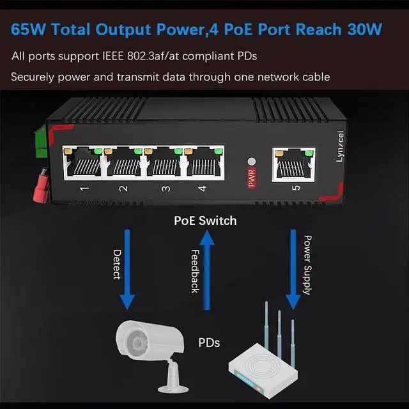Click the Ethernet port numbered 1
click(82, 162)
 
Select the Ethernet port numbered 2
click(123, 162)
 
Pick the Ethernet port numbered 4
click(204, 162)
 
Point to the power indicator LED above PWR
click(251, 162)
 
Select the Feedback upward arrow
click(206, 268)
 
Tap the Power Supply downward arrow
click(293, 268)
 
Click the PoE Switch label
click(205, 220)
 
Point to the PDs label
click(208, 343)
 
